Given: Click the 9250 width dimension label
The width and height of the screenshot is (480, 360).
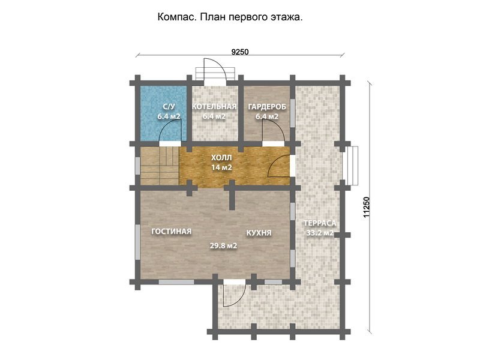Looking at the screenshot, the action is pyautogui.click(x=239, y=52).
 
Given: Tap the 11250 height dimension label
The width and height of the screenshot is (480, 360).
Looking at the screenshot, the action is pyautogui.click(x=366, y=207).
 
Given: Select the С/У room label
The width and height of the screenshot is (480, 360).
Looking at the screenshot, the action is pyautogui.click(x=169, y=107).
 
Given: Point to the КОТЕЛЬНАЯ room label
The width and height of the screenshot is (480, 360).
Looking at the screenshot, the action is pyautogui.click(x=214, y=107).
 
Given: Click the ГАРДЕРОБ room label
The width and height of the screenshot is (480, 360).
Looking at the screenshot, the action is pyautogui.click(x=267, y=107).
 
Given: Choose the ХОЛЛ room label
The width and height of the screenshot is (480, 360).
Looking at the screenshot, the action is pyautogui.click(x=221, y=158).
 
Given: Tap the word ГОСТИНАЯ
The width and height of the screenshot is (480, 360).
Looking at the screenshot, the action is pyautogui.click(x=172, y=232).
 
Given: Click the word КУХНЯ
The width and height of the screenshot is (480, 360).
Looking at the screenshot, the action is pyautogui.click(x=259, y=233).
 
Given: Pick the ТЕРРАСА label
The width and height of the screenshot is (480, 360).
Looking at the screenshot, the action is pyautogui.click(x=320, y=223).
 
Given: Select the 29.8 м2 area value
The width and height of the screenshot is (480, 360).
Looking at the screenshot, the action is pyautogui.click(x=223, y=245).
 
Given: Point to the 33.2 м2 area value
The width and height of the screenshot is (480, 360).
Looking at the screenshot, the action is pyautogui.click(x=320, y=233).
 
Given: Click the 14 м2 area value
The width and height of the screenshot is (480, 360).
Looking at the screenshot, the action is pyautogui.click(x=221, y=167).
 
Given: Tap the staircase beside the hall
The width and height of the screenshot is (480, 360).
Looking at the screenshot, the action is pyautogui.click(x=160, y=166).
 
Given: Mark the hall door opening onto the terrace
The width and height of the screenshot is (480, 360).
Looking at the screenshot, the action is pyautogui.click(x=279, y=166).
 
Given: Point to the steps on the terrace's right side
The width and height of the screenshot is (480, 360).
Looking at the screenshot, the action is pyautogui.click(x=351, y=166).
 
